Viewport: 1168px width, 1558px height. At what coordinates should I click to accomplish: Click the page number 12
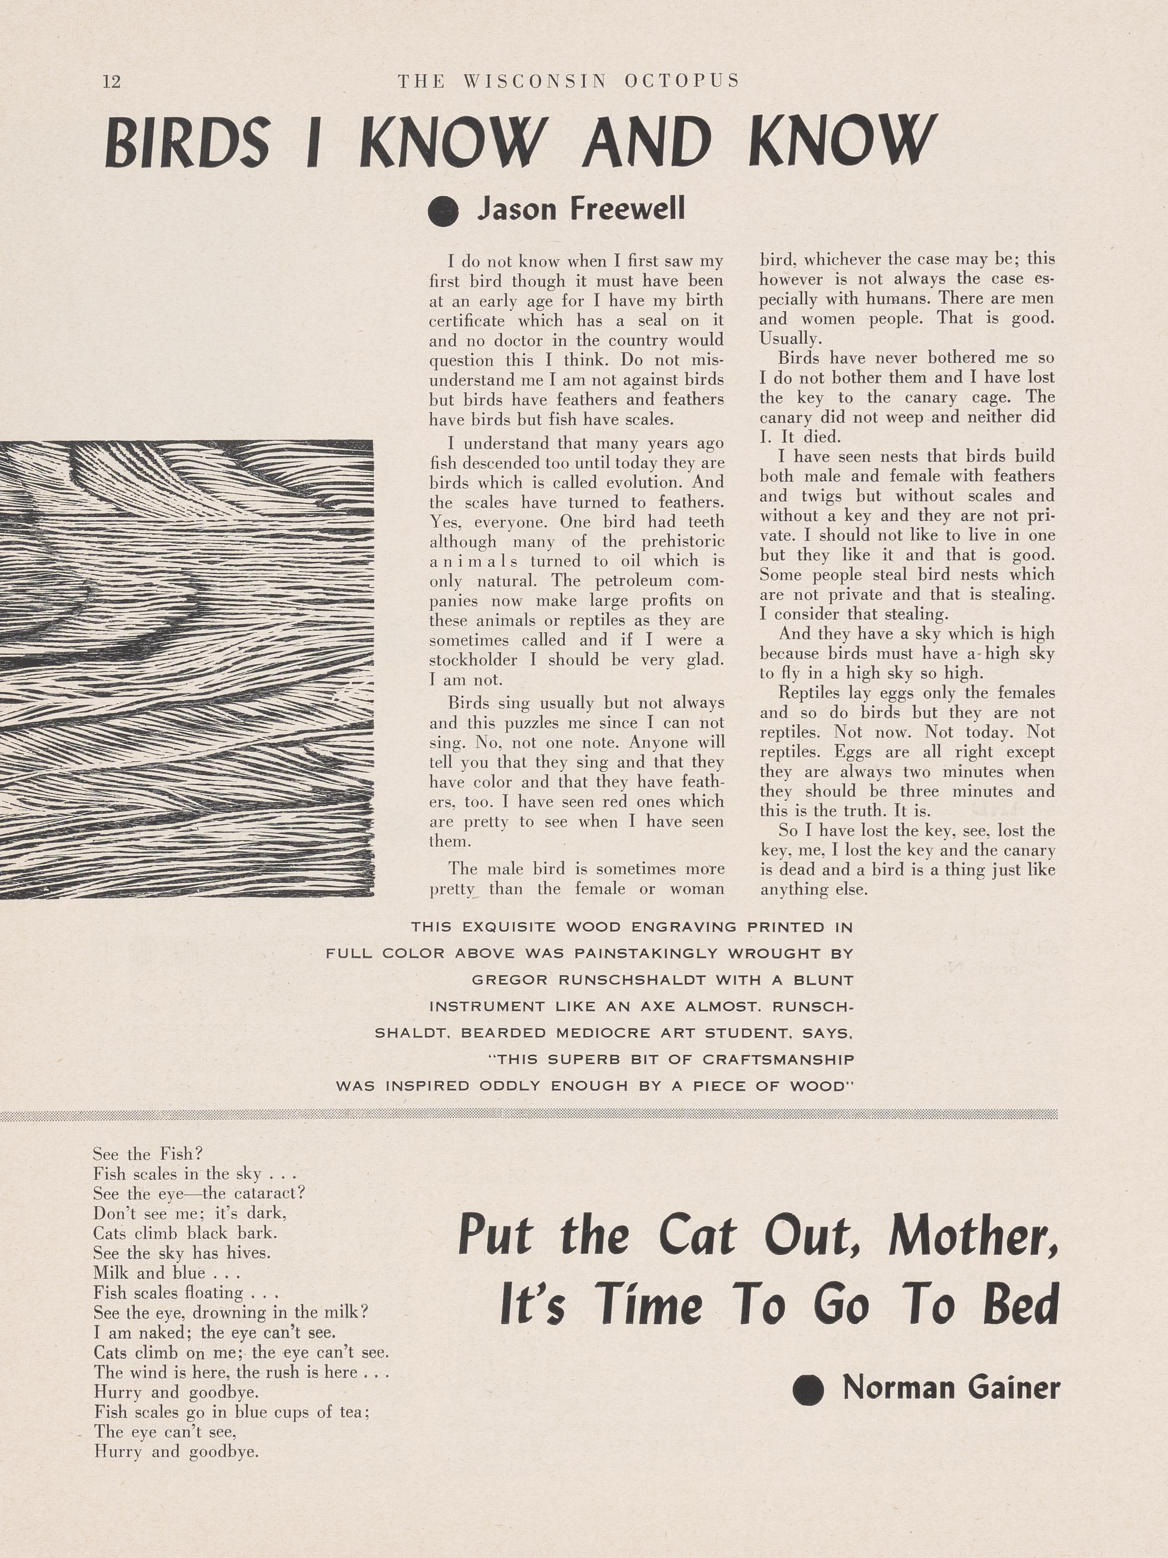tap(112, 82)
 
